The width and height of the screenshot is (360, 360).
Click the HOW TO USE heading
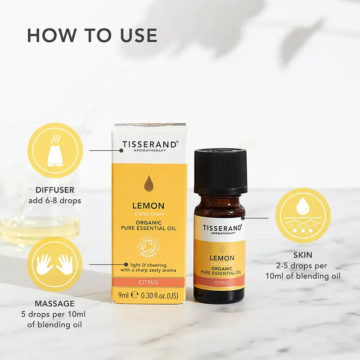(92, 36)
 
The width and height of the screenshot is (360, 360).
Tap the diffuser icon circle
(55, 151)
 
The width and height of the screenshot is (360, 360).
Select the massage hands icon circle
(55, 264)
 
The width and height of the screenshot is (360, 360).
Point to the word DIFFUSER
(55, 190)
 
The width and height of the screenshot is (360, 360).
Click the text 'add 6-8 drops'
(55, 201)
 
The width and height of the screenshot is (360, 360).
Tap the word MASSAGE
(55, 304)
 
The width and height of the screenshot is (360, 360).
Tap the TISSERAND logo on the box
(150, 144)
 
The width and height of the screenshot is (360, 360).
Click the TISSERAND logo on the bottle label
(222, 228)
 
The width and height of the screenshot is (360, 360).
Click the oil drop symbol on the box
(148, 183)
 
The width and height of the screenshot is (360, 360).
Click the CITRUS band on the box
(148, 283)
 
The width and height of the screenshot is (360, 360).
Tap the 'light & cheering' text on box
(150, 264)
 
